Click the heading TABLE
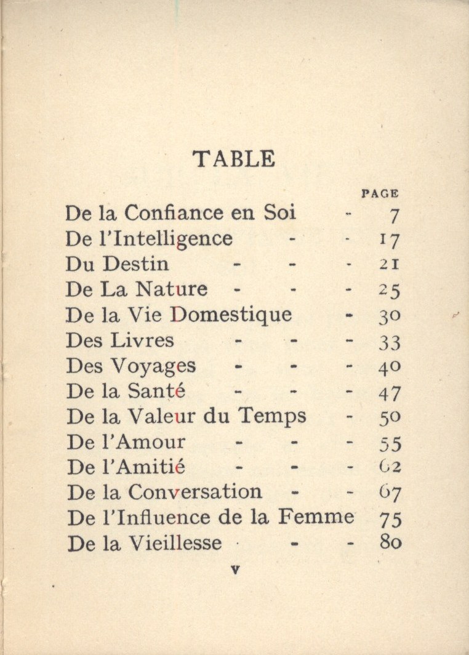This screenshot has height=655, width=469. pos(234,159)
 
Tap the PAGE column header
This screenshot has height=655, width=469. pos(380,193)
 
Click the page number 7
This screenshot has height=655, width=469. pos(395,215)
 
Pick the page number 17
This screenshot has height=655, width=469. pos(390,241)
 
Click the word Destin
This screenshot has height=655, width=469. pos(135,264)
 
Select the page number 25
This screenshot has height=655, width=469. pos(390,290)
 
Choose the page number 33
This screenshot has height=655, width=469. pos(390,342)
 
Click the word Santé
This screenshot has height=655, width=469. pos(158,391)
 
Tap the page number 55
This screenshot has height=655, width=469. pos(390,443)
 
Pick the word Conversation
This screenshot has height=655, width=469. pos(195,492)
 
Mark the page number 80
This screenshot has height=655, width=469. pos(390,544)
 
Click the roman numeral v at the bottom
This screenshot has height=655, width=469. pos(234,570)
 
